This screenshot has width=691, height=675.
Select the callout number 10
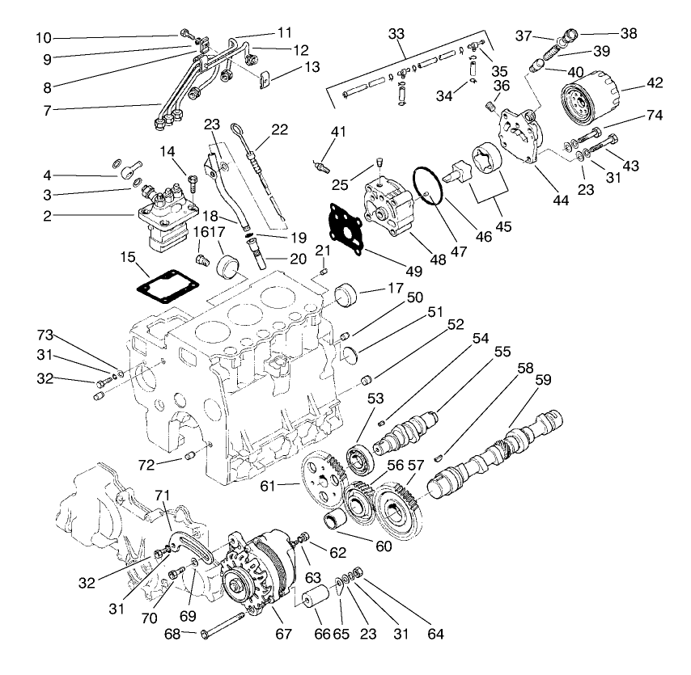[x=43, y=38]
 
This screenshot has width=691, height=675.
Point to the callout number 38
[x=628, y=34]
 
